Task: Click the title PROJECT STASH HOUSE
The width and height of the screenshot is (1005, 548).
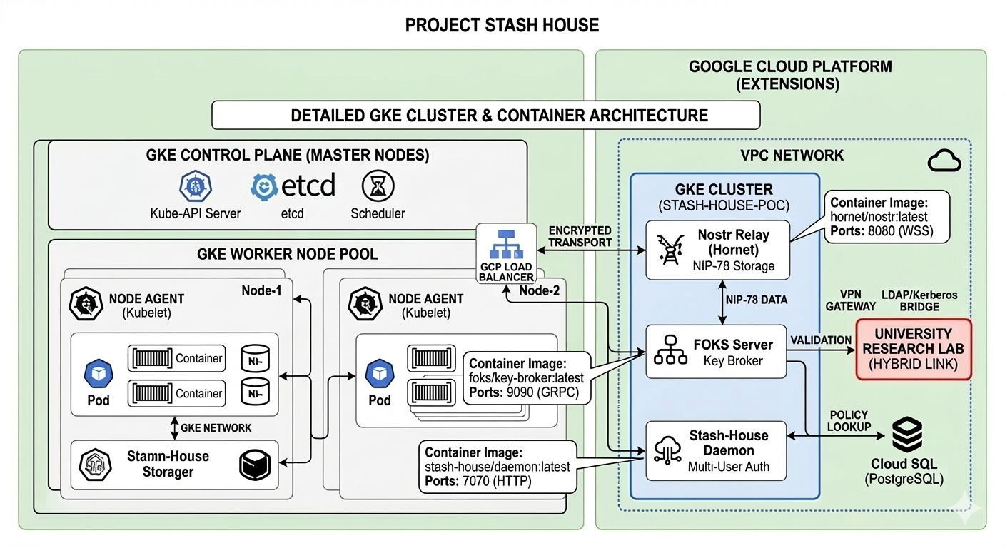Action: (x=502, y=26)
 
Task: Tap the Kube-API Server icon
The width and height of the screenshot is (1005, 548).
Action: (x=195, y=186)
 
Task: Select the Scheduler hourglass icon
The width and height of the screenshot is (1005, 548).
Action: (x=378, y=186)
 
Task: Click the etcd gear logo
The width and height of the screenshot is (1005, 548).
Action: (x=265, y=186)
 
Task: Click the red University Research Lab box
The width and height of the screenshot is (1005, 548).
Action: (x=913, y=349)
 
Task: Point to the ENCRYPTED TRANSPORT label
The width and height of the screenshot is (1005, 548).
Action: (x=580, y=236)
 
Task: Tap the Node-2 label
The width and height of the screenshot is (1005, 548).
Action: (x=540, y=290)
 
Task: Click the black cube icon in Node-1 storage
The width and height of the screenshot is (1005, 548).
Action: (x=254, y=465)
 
